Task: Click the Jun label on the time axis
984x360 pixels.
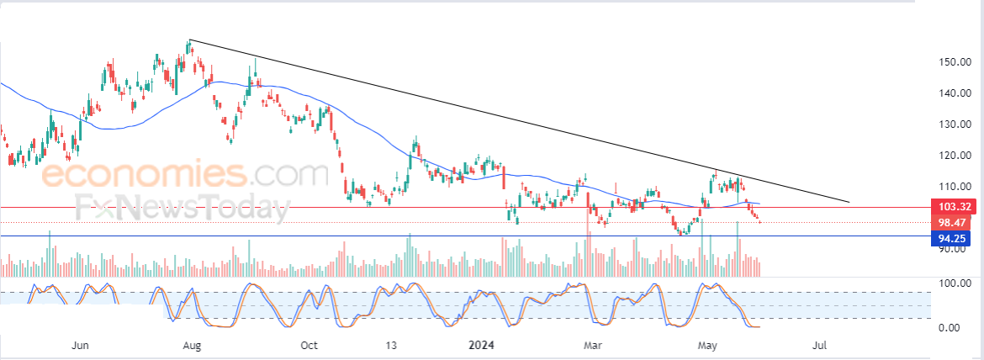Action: tap(81, 346)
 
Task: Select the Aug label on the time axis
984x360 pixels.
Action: tap(191, 346)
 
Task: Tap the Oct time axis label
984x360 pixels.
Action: tap(309, 346)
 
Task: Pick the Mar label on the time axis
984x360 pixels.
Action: tap(595, 346)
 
